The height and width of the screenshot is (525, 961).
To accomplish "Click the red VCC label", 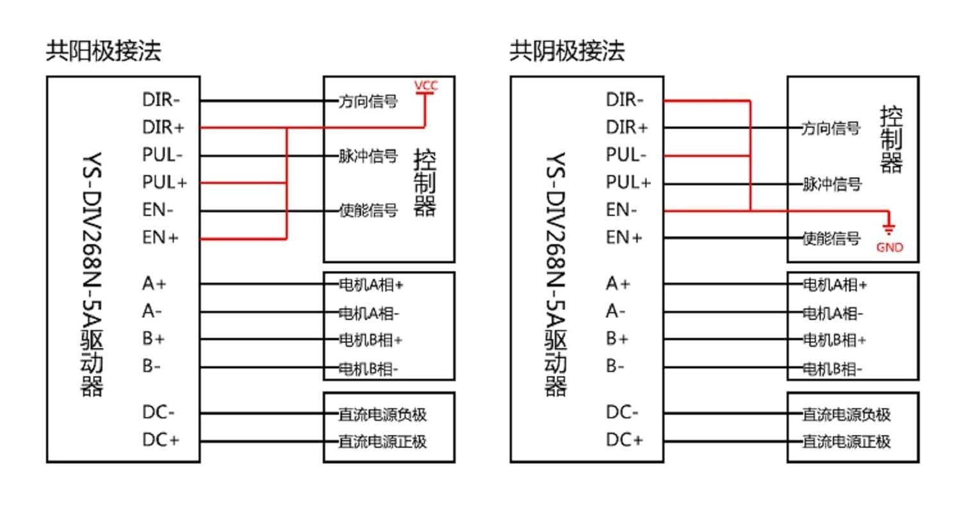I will (425, 85).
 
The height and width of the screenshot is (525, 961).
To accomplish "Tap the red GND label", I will (889, 247).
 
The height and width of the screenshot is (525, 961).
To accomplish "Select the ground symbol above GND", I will (889, 228).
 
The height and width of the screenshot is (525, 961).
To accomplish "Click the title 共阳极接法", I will (103, 51).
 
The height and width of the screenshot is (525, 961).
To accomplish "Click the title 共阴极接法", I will (567, 51).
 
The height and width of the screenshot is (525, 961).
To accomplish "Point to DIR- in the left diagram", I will (161, 100).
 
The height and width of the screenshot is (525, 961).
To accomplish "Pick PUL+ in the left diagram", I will (164, 183).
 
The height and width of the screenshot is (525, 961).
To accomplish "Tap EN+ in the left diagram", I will (160, 238).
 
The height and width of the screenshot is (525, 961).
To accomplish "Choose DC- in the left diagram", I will (158, 412).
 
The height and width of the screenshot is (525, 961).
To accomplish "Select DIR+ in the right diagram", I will (627, 128).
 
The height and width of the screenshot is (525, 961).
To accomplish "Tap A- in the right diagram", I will (615, 312).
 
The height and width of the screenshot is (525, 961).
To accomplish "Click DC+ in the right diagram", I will (624, 440).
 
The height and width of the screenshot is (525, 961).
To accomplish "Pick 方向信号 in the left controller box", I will (368, 101).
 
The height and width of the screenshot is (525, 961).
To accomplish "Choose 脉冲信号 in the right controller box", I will (832, 185).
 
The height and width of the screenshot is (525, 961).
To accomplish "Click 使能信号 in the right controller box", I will (832, 239).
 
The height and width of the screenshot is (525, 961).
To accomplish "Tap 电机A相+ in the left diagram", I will (371, 285).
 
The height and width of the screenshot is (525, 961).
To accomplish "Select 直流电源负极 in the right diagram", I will (846, 415).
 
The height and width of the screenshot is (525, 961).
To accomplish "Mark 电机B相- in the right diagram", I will (833, 369).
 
